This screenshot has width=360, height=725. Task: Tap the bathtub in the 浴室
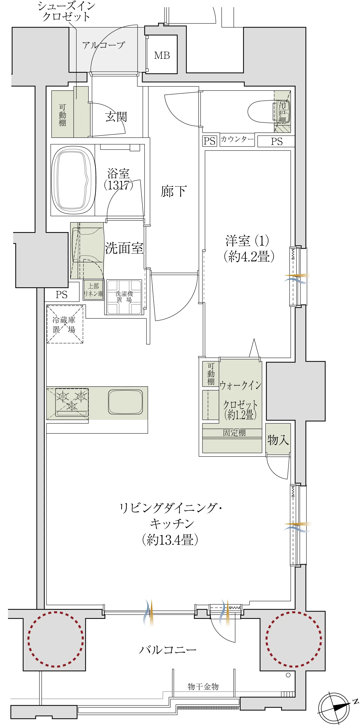pyautogui.click(x=73, y=180)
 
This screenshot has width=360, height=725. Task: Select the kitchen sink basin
pyautogui.click(x=125, y=402)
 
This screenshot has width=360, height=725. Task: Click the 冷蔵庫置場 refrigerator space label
pyautogui.click(x=64, y=325)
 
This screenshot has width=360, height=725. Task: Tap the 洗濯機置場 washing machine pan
pyautogui.click(x=124, y=297)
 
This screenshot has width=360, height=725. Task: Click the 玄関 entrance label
pyautogui.click(x=116, y=117)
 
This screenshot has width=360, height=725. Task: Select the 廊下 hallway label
pyautogui.click(x=174, y=191)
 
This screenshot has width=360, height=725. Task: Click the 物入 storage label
pyautogui.click(x=278, y=440)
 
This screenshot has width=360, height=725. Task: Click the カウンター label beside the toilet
pyautogui.click(x=237, y=139)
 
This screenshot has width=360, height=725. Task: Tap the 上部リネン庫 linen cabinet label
pyautogui.click(x=93, y=290)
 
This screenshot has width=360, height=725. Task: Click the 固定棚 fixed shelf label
pyautogui.click(x=234, y=433)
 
